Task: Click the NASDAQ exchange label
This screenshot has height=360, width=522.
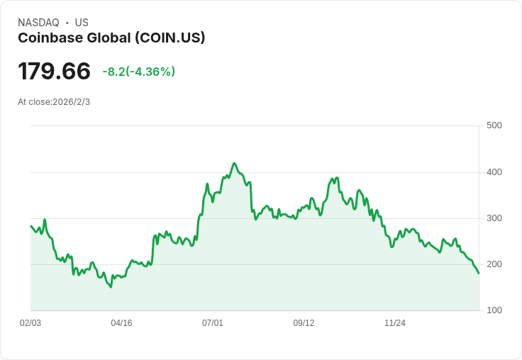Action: [x=38, y=23]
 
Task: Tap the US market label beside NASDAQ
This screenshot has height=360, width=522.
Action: [x=82, y=23]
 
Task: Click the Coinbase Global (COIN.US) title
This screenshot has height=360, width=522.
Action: [x=111, y=38]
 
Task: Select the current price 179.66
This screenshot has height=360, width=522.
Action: [x=54, y=71]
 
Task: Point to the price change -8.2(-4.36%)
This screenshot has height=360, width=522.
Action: [x=138, y=72]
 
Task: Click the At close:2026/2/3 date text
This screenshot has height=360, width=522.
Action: [x=54, y=102]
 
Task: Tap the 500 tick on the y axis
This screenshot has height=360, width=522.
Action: [x=494, y=125]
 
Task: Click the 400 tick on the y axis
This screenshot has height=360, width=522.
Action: [x=494, y=172]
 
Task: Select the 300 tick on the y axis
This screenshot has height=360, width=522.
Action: [x=494, y=218]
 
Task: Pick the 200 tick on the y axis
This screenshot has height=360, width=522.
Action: [x=494, y=264]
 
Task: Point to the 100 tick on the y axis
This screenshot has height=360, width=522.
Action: [x=494, y=310]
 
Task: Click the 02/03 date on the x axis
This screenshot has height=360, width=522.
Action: [x=30, y=323]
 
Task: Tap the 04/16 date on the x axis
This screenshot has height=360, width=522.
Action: [x=121, y=323]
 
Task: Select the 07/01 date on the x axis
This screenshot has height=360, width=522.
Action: [x=213, y=323]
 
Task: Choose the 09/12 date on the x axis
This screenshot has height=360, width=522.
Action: [x=304, y=323]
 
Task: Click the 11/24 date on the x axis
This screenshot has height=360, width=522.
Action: [x=395, y=323]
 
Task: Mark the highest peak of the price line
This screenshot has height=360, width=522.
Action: [x=235, y=163]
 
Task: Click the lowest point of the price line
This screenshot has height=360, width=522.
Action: [x=111, y=287]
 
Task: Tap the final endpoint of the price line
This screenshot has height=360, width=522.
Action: [x=479, y=274]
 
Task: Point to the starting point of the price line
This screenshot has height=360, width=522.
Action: [x=30, y=226]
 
